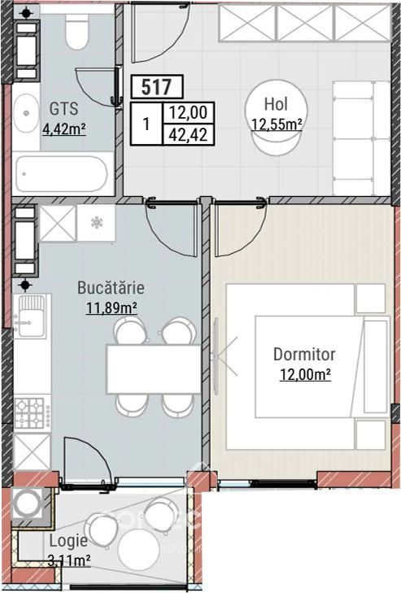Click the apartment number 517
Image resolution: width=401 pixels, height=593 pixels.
[x=157, y=86]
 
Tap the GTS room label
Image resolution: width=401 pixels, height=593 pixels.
[x=64, y=109]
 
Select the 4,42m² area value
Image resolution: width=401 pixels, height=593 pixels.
[x=64, y=129]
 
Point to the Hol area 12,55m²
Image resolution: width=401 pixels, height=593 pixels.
[x=277, y=124]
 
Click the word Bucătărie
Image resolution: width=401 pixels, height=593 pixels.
[x=111, y=287]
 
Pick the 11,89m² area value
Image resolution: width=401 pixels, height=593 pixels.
[x=111, y=307]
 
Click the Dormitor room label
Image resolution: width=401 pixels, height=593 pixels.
[x=304, y=355]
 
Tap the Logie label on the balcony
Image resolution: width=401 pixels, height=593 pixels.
[x=68, y=541]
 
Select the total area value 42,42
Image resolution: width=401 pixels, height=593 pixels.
[x=189, y=135]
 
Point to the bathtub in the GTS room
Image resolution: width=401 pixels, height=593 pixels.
[x=62, y=173]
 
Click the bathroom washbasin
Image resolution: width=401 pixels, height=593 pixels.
[x=26, y=113]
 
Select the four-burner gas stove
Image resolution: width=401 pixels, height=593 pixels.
[x=33, y=413]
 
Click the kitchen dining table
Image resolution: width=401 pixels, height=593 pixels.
[x=153, y=369]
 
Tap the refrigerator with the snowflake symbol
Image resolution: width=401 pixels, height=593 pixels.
[x=96, y=223]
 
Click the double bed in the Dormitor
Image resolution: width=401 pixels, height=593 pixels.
[x=306, y=367]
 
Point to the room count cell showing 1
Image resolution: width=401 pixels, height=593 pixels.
[x=146, y=124]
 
